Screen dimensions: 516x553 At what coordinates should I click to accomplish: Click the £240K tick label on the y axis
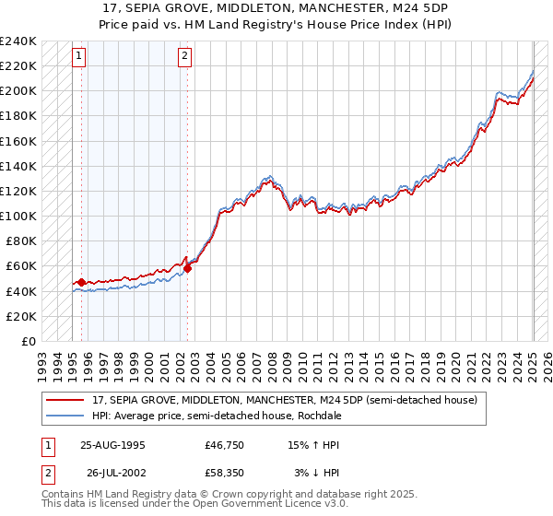[18, 41]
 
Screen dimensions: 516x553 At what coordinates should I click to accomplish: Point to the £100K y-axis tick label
[18, 216]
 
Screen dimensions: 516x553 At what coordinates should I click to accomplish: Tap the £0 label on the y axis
[29, 341]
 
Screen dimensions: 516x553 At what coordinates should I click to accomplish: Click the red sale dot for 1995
[81, 282]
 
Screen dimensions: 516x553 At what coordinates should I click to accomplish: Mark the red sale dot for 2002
[187, 268]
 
